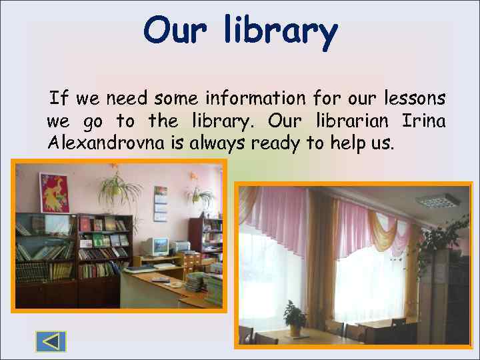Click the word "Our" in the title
[172, 30]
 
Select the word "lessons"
[415, 99]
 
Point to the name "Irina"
[424, 121]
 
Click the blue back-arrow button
[51, 341]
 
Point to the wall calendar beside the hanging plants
[161, 203]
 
